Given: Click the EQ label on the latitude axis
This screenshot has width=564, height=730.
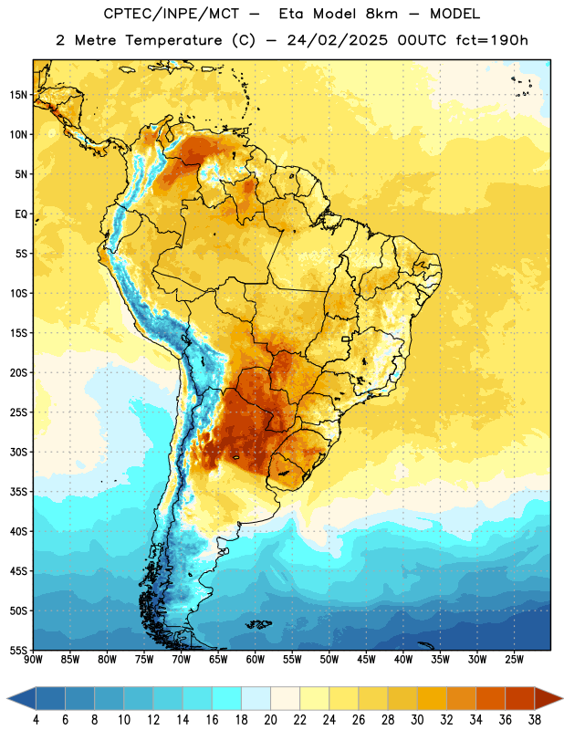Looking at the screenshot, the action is [21, 214].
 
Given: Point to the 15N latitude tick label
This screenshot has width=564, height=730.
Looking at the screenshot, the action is [18, 95].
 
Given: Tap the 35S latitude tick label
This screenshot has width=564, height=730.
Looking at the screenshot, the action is [18, 492].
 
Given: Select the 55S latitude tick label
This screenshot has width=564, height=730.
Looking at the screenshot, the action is [18, 650].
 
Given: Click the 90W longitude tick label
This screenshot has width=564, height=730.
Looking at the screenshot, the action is [33, 659].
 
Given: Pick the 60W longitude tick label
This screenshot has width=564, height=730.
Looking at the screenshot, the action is [256, 659].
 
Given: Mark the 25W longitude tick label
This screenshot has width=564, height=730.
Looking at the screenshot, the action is [514, 659].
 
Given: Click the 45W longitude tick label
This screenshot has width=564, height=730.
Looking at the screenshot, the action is [366, 659].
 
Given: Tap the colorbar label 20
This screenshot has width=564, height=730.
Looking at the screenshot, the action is [270, 720].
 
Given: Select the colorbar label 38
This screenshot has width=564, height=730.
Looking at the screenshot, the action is [535, 720].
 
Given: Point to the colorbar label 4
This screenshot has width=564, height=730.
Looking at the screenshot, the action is [36, 720].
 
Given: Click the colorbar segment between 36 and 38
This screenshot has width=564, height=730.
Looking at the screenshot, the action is [520, 699].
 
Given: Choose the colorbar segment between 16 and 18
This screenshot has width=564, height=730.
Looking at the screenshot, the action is [226, 699].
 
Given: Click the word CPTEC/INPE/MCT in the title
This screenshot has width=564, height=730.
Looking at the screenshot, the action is [172, 14].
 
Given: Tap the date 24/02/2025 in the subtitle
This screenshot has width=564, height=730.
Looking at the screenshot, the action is [337, 40].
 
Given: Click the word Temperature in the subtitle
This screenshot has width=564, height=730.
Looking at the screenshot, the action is [173, 40].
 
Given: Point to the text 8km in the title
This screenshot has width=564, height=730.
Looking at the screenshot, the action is [381, 14].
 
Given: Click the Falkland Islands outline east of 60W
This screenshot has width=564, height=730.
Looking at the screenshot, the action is [259, 624].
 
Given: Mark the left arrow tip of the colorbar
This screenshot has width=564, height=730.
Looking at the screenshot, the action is [7, 699].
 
